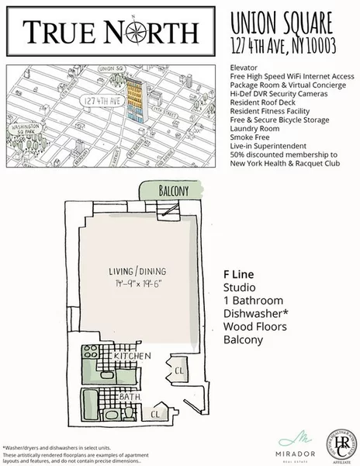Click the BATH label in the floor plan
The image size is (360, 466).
point(130,396)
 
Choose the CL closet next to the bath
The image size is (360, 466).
point(156,414)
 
